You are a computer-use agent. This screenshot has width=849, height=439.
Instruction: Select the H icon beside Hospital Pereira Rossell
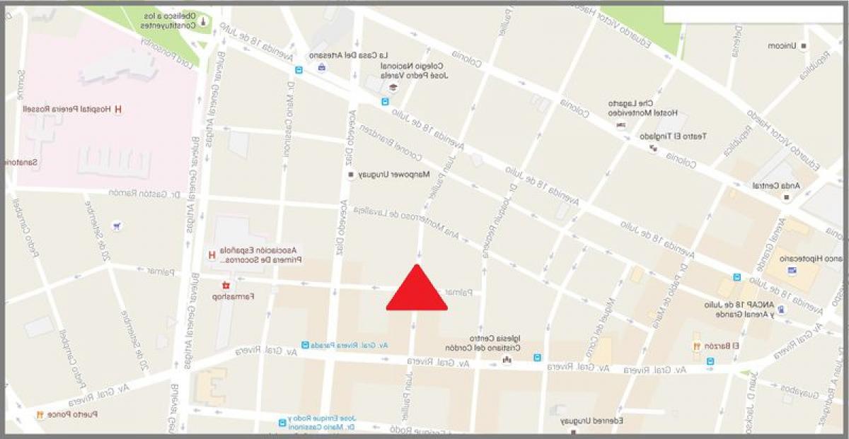tap(118, 110)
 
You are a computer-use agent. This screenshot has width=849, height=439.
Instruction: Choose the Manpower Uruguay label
tap(386, 174)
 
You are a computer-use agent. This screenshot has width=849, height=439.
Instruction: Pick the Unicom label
tap(782, 46)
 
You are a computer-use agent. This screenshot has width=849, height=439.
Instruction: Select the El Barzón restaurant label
tap(726, 346)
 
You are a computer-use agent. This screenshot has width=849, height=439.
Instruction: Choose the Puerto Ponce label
tap(74, 414)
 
